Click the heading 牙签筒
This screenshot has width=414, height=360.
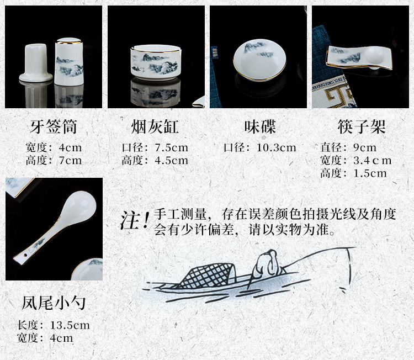click(x=54, y=127)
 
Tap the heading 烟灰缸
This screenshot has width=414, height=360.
click(x=155, y=127)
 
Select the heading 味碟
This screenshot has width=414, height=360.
click(x=260, y=127)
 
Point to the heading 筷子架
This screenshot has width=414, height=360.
click(x=362, y=127)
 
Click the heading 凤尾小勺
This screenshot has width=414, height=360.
click(x=54, y=303)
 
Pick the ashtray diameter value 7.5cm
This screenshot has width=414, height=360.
click(x=172, y=147)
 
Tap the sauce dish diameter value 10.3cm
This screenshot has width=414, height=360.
click(x=277, y=147)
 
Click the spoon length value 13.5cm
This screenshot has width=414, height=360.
click(x=70, y=325)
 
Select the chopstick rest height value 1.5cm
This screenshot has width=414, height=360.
click(x=370, y=173)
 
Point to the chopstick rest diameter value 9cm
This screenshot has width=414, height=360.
click(x=365, y=147)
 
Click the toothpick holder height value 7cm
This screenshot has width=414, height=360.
click(x=70, y=160)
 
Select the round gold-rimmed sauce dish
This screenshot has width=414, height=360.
click(x=259, y=60)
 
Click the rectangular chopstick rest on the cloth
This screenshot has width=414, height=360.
click(x=359, y=57)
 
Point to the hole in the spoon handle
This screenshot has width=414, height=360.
click(x=25, y=256)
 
